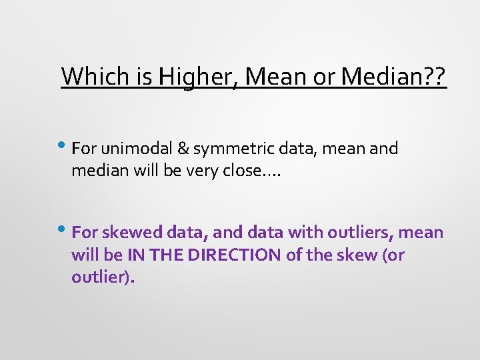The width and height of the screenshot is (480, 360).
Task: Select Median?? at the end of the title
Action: click(393, 77)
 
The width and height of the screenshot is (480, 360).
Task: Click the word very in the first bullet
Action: click(209, 171)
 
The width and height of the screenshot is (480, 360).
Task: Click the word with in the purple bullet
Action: click(301, 232)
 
